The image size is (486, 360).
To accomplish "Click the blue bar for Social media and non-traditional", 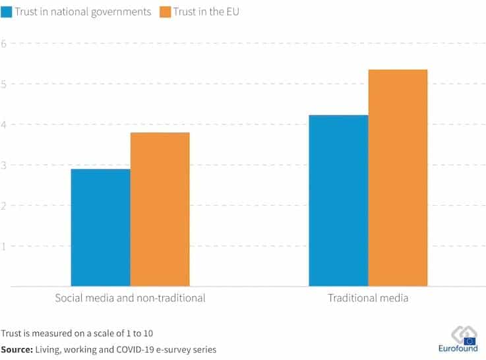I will pos(100,227).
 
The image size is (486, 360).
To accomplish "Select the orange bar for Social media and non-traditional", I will pos(160,209).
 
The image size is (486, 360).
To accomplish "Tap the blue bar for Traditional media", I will pos(338,200).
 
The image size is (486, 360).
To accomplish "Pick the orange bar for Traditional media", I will pos(398,178).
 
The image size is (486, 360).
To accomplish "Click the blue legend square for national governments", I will pos(5,12).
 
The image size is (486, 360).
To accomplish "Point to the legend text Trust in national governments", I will pos(82,12).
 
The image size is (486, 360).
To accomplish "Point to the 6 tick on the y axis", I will pos(4,44).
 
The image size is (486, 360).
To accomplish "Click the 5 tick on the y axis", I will pos(4,84).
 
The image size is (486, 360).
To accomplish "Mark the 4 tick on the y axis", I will pos(4,125).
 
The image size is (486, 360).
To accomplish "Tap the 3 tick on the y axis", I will pos(4,165).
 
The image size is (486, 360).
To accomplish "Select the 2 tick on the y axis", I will pos(4,206).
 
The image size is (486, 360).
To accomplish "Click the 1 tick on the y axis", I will pos(4,246).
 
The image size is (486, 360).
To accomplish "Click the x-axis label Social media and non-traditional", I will pos(130,298).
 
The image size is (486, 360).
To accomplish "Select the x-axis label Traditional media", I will pos(368,298).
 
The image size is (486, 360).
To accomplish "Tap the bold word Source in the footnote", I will pos(16,349).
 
